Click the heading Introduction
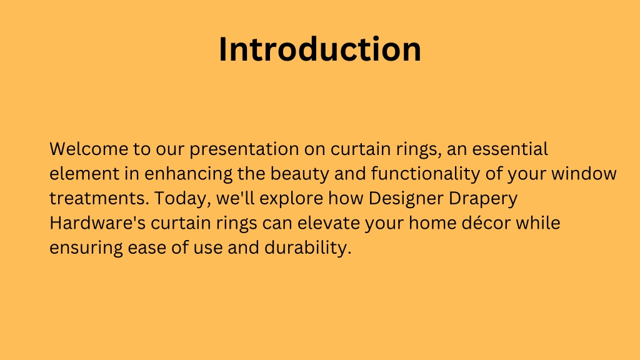tap(320, 49)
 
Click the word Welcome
tap(89, 149)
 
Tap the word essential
tap(510, 149)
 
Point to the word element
tap(84, 174)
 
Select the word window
tap(584, 174)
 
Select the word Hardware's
tap(97, 223)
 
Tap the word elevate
tap(329, 223)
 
